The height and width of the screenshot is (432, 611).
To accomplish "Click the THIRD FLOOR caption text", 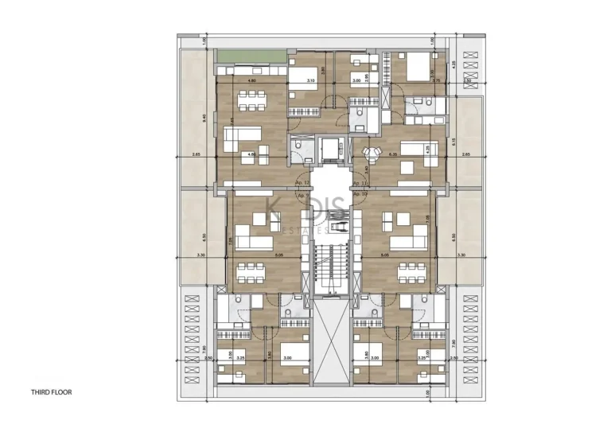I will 53,392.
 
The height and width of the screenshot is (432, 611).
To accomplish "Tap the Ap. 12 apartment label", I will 302,182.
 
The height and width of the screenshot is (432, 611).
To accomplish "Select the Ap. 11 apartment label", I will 359,182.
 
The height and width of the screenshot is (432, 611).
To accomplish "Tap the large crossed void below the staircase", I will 330,343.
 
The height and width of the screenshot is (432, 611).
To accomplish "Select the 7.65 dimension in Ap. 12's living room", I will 232,121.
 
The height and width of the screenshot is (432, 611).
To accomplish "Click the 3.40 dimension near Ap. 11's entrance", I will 366,168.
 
